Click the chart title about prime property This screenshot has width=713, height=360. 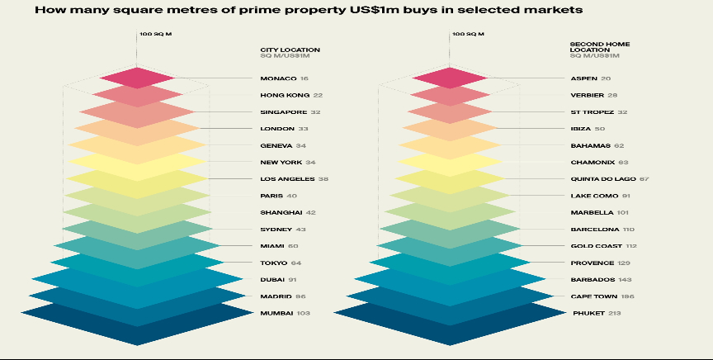tap(309, 10)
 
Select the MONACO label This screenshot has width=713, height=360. tap(278, 78)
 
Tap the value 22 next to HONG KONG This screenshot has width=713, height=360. tap(318, 95)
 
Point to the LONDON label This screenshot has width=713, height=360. tap(276, 129)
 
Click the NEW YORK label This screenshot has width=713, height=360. tap(281, 162)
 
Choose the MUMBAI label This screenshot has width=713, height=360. tap(277, 313)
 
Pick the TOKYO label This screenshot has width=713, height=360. tap(275, 263)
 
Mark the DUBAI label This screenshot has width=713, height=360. tap(272, 280)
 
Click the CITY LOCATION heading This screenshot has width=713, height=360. tap(290, 50)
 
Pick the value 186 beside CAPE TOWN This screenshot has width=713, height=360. tap(627, 296)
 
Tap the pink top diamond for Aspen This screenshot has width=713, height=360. tap(449, 78)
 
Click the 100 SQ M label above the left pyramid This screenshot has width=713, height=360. tap(155, 35)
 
